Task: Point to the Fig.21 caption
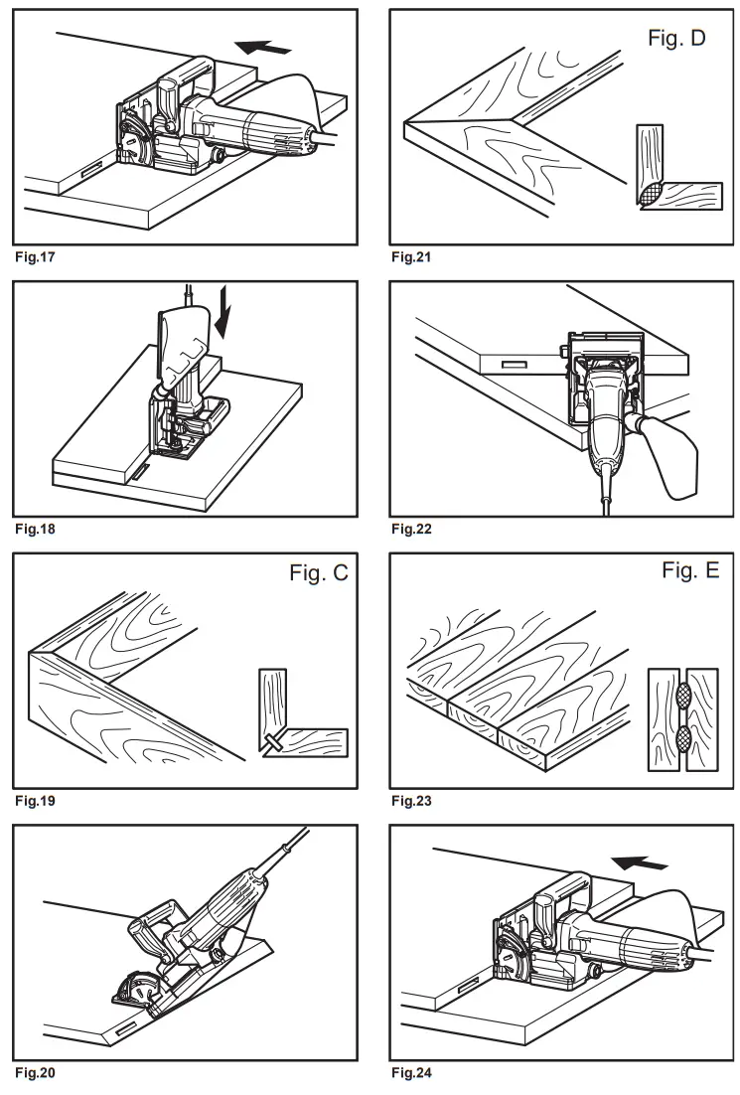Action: coord(412,256)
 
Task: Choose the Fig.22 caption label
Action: coord(412,529)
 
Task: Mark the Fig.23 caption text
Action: coord(412,800)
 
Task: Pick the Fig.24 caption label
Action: coord(412,1073)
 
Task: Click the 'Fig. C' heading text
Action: coord(318,574)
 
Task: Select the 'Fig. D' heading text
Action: coord(676,41)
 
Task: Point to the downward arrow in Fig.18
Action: coord(225,318)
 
